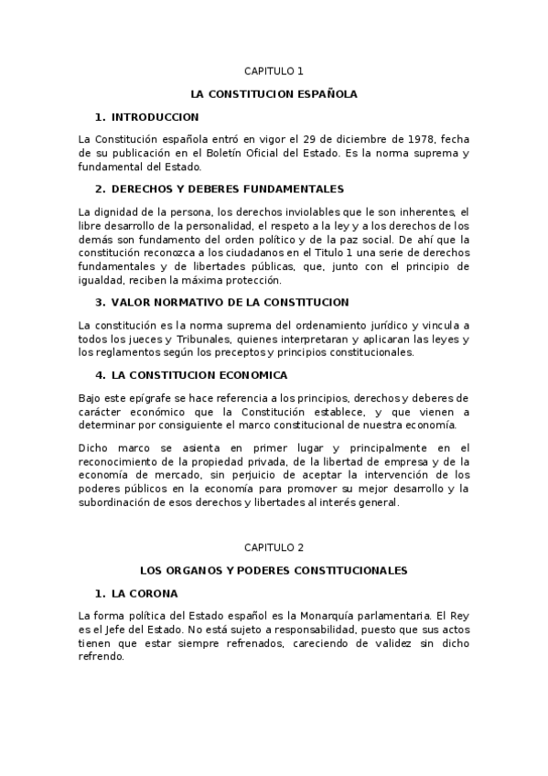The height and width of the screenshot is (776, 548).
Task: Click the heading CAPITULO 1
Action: coord(274,70)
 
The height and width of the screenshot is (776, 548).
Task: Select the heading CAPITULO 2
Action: coord(274,547)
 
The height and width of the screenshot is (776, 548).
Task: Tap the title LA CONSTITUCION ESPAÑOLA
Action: coord(274,93)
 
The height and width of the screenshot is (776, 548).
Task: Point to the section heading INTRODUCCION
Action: coord(155,117)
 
